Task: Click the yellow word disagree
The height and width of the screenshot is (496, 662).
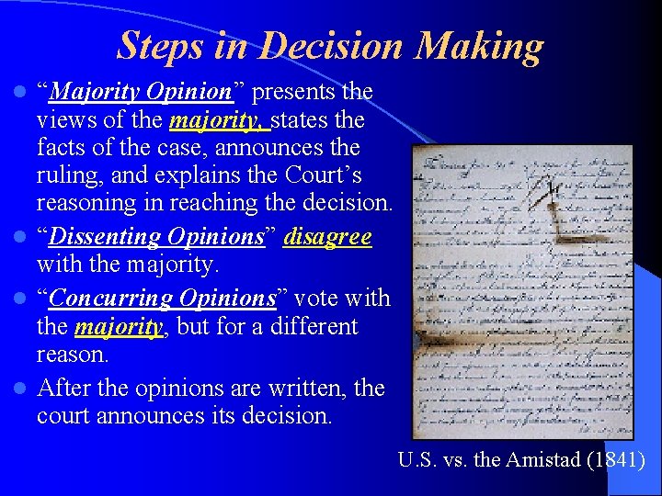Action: pos(328,237)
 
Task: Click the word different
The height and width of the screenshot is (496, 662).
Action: pos(313,326)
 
